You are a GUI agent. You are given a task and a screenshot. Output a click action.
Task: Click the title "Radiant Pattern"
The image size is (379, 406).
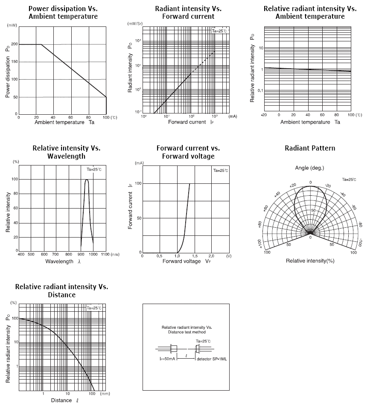point(310,148)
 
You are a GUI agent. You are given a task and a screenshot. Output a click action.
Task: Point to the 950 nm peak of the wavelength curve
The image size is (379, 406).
point(87,180)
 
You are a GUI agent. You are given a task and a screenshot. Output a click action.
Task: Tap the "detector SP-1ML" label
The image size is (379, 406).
point(212,359)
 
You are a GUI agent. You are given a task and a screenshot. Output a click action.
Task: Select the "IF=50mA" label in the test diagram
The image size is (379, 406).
point(167,359)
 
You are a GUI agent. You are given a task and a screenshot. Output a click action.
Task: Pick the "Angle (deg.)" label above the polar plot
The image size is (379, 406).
point(309,168)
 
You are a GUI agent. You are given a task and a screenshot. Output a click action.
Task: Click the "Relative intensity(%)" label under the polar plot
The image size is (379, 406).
point(310,261)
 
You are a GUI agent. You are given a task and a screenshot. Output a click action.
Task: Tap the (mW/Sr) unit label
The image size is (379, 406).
point(134,24)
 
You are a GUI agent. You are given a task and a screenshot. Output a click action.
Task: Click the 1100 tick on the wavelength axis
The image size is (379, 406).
point(105,254)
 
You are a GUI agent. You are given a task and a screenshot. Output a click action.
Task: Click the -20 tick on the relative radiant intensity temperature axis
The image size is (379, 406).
point(264,115)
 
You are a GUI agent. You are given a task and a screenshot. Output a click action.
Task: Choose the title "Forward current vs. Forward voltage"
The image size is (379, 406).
point(188,152)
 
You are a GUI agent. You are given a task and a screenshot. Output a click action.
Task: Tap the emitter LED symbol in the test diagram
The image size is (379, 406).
point(174,349)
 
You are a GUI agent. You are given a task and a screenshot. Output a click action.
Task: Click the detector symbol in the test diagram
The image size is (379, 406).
point(198,349)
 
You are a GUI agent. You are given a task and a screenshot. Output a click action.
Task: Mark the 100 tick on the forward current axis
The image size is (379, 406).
point(138,183)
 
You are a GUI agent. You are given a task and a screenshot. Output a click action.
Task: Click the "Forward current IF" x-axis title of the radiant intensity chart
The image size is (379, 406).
point(188,122)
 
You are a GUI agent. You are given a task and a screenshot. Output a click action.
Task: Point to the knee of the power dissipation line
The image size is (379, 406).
point(41,44)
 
